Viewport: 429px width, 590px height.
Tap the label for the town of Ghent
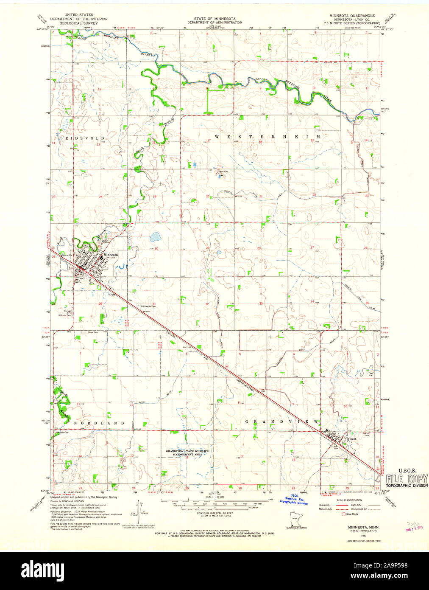352,439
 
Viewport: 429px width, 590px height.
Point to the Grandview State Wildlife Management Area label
187,452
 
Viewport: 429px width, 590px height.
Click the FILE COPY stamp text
407,478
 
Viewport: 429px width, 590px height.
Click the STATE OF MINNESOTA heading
215,19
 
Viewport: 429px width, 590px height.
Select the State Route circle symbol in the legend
344,514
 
